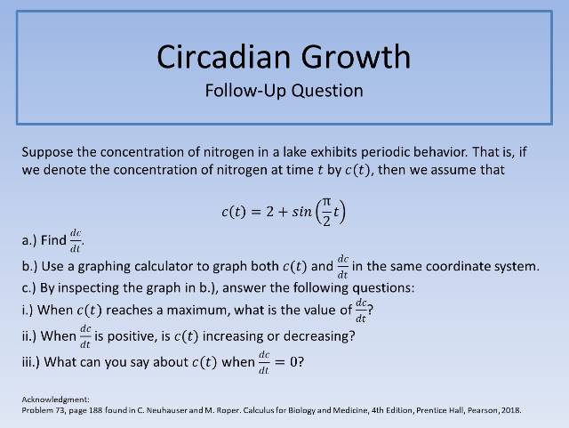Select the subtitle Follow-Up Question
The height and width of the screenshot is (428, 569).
click(x=284, y=90)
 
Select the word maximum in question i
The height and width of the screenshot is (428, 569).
click(x=207, y=311)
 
